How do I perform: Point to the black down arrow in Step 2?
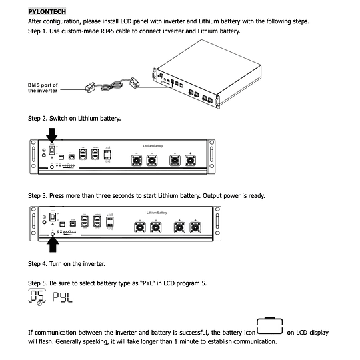click(51, 135)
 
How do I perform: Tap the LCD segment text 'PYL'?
click(61, 297)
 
